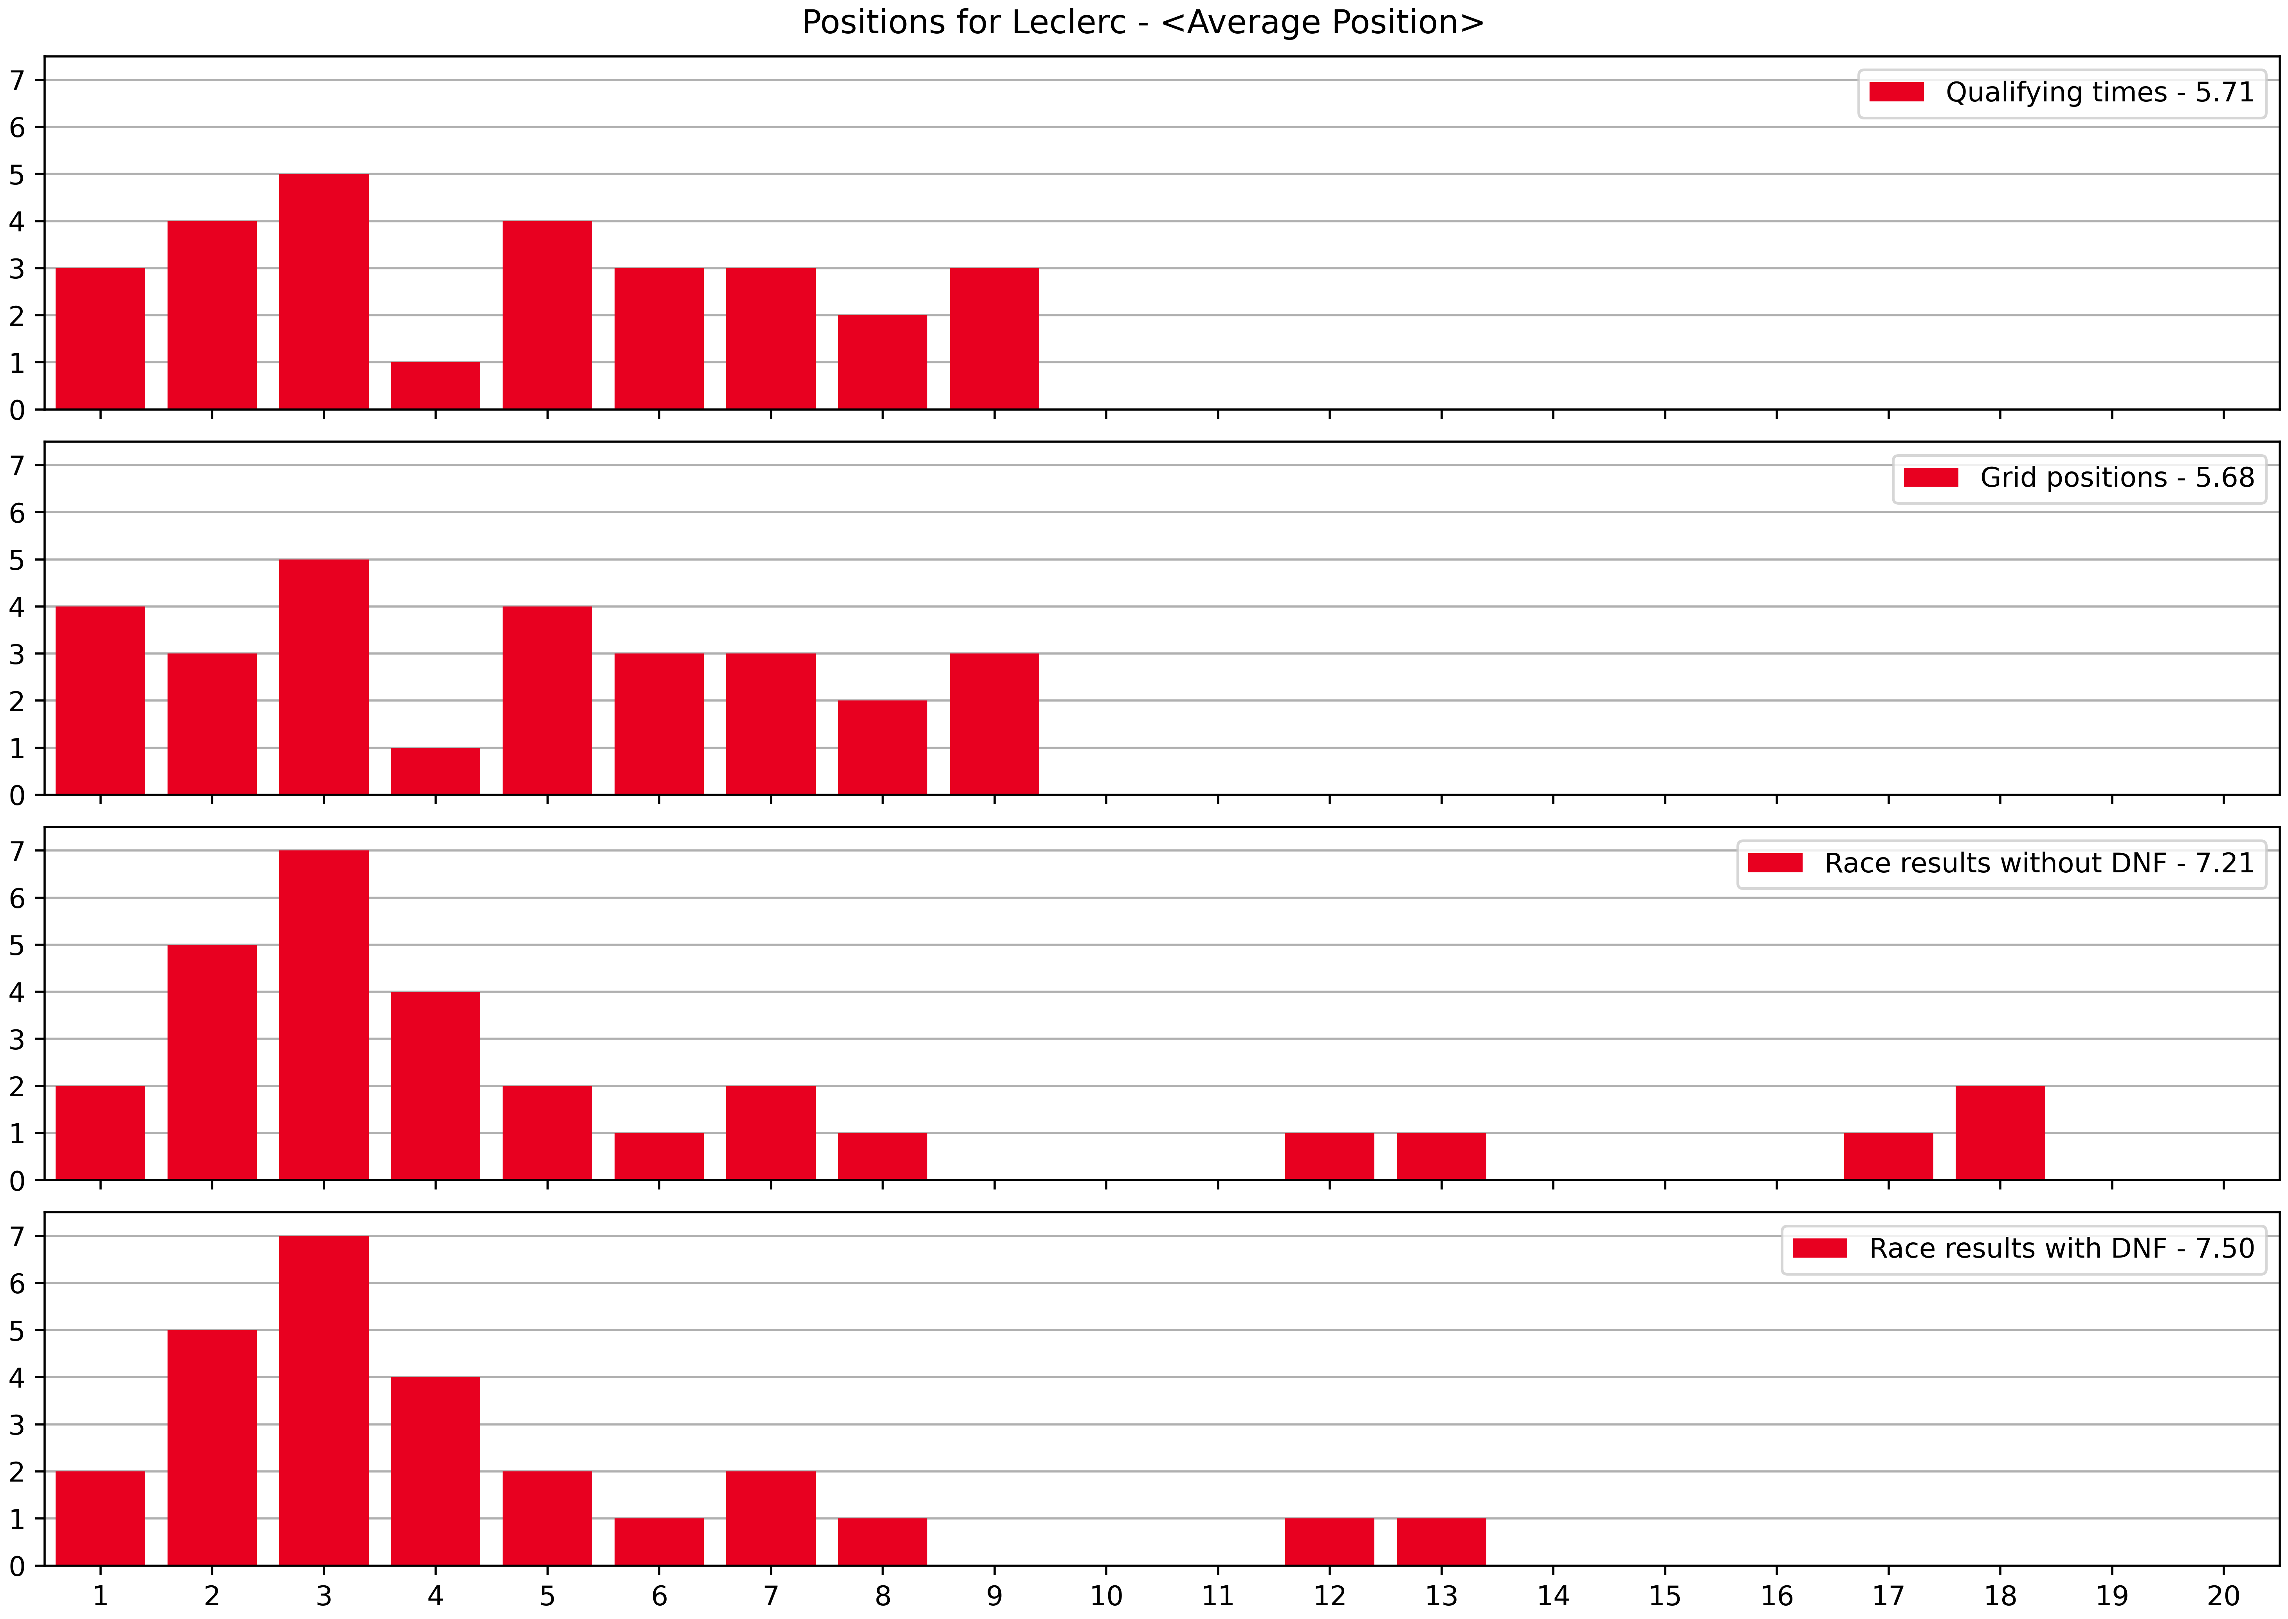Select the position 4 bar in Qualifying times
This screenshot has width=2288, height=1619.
point(435,386)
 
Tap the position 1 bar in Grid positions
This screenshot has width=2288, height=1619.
point(101,701)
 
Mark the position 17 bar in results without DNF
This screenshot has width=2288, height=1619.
point(1888,1157)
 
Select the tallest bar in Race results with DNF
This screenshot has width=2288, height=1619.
point(324,1401)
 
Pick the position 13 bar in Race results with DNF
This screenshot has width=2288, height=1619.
point(1441,1542)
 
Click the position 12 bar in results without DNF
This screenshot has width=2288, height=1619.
point(1329,1157)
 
